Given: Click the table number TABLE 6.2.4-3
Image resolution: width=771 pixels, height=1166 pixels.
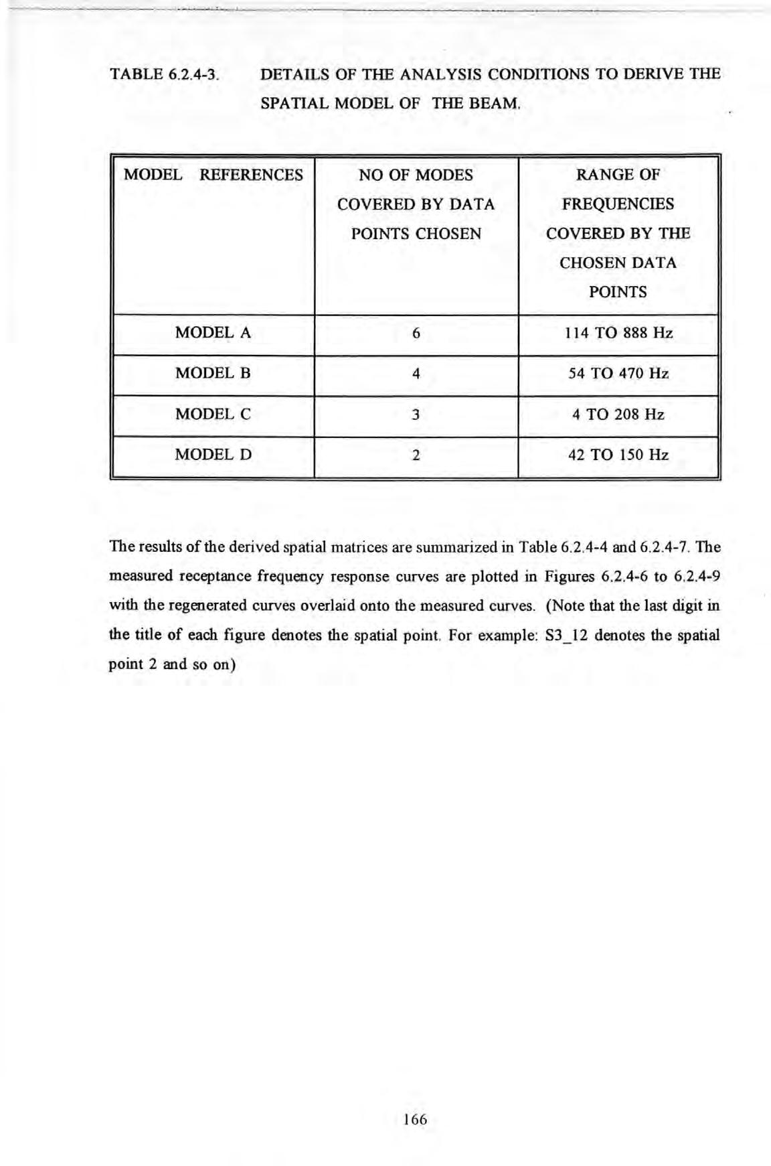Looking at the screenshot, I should [x=164, y=74].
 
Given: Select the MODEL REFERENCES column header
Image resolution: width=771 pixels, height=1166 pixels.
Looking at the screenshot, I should [x=213, y=175].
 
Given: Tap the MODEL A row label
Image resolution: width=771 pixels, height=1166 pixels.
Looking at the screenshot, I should [x=213, y=333].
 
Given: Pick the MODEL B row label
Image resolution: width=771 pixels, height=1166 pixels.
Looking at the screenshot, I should [x=213, y=374].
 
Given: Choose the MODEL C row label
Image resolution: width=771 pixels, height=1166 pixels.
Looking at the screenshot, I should [x=213, y=415].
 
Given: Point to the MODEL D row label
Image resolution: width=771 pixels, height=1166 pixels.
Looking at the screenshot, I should [x=213, y=455].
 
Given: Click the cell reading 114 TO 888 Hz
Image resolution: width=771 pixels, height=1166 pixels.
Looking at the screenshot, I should [x=618, y=333].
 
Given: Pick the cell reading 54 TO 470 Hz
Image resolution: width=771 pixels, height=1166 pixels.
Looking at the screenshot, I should [x=618, y=374].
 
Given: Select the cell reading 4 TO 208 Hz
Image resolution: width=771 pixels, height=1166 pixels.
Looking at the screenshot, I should [x=618, y=415].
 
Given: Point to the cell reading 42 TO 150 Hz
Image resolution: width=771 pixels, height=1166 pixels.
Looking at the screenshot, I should [x=618, y=455].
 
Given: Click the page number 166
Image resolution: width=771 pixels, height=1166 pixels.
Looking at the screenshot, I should [x=415, y=1119].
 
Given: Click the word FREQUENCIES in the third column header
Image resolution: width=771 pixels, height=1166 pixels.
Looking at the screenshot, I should [x=618, y=204].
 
